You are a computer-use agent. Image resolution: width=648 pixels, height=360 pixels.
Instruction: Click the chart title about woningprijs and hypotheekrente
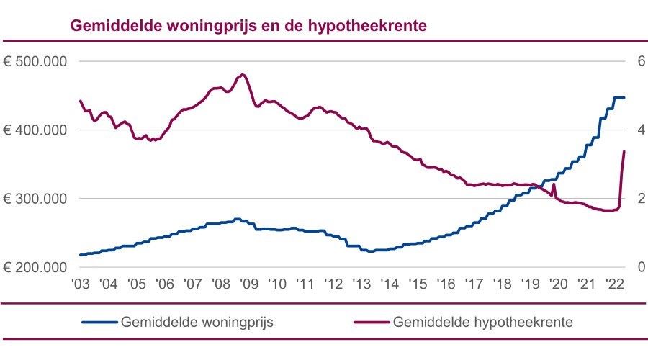pyautogui.click(x=249, y=26)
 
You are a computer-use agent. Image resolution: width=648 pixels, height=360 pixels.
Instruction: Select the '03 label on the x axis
pyautogui.click(x=81, y=284)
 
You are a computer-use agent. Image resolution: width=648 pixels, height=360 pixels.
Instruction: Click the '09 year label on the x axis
pyautogui.click(x=249, y=284)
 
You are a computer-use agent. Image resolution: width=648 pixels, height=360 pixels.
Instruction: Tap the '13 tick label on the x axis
pyautogui.click(x=361, y=284)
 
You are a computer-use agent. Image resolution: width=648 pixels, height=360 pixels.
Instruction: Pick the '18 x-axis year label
pyautogui.click(x=502, y=284)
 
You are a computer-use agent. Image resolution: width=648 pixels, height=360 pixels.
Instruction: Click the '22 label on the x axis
pyautogui.click(x=614, y=284)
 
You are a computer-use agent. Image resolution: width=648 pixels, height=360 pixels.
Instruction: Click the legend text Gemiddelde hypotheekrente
pyautogui.click(x=483, y=322)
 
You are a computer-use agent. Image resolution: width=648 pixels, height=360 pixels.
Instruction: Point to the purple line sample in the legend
pyautogui.click(x=371, y=322)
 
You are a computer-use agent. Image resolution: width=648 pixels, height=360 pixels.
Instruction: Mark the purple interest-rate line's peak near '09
pyautogui.click(x=242, y=74)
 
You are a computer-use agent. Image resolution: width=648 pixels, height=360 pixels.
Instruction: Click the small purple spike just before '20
pyautogui.click(x=553, y=184)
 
